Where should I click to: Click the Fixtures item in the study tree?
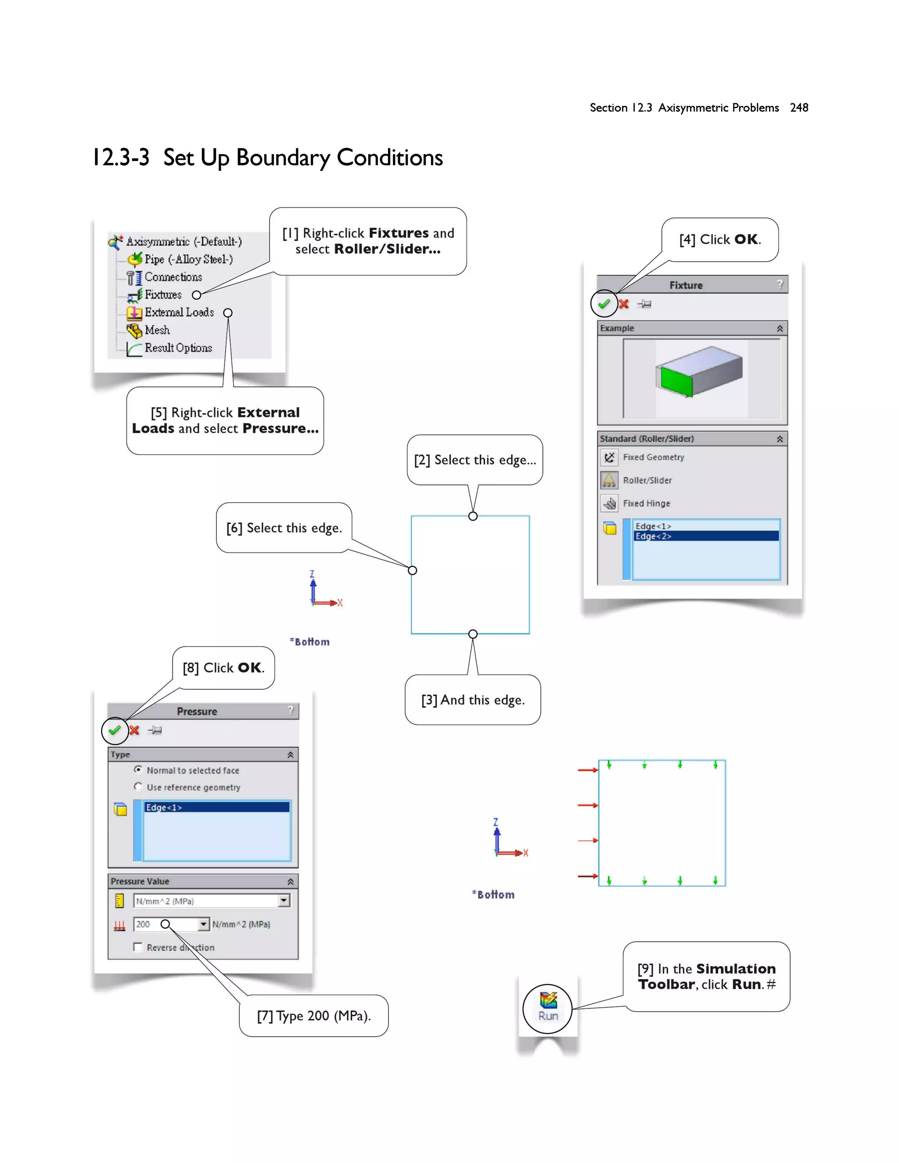tap(162, 294)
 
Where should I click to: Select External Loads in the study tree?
tap(179, 312)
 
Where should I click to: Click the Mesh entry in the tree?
tap(157, 330)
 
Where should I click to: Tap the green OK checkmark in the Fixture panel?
tap(604, 304)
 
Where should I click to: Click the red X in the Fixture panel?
tap(624, 304)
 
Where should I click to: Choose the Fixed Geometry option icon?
tap(609, 457)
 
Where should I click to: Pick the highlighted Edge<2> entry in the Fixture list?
tap(706, 536)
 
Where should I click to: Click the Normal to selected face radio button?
tap(138, 769)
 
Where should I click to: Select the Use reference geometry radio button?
tap(138, 786)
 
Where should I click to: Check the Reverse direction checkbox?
tap(138, 947)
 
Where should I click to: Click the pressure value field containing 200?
tap(165, 924)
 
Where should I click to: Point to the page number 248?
tap(799, 108)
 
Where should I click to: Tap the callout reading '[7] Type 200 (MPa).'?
tap(314, 1016)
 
